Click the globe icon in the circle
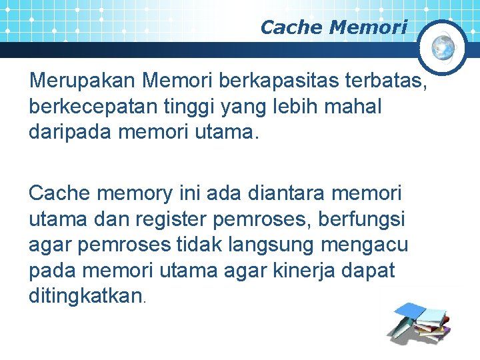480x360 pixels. point(443,46)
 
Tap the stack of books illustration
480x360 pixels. point(421,322)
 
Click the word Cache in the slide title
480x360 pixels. point(292,27)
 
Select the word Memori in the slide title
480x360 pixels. point(368,27)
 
